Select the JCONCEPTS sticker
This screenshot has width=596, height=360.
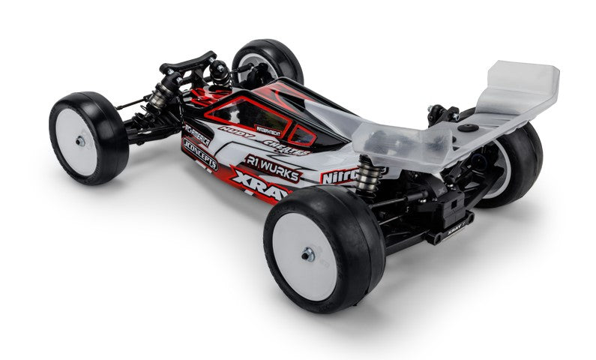(x=199, y=153)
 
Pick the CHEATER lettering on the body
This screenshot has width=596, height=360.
(x=286, y=149)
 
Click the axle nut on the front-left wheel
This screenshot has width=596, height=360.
(x=80, y=140)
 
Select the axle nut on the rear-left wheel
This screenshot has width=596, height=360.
(x=308, y=255)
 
